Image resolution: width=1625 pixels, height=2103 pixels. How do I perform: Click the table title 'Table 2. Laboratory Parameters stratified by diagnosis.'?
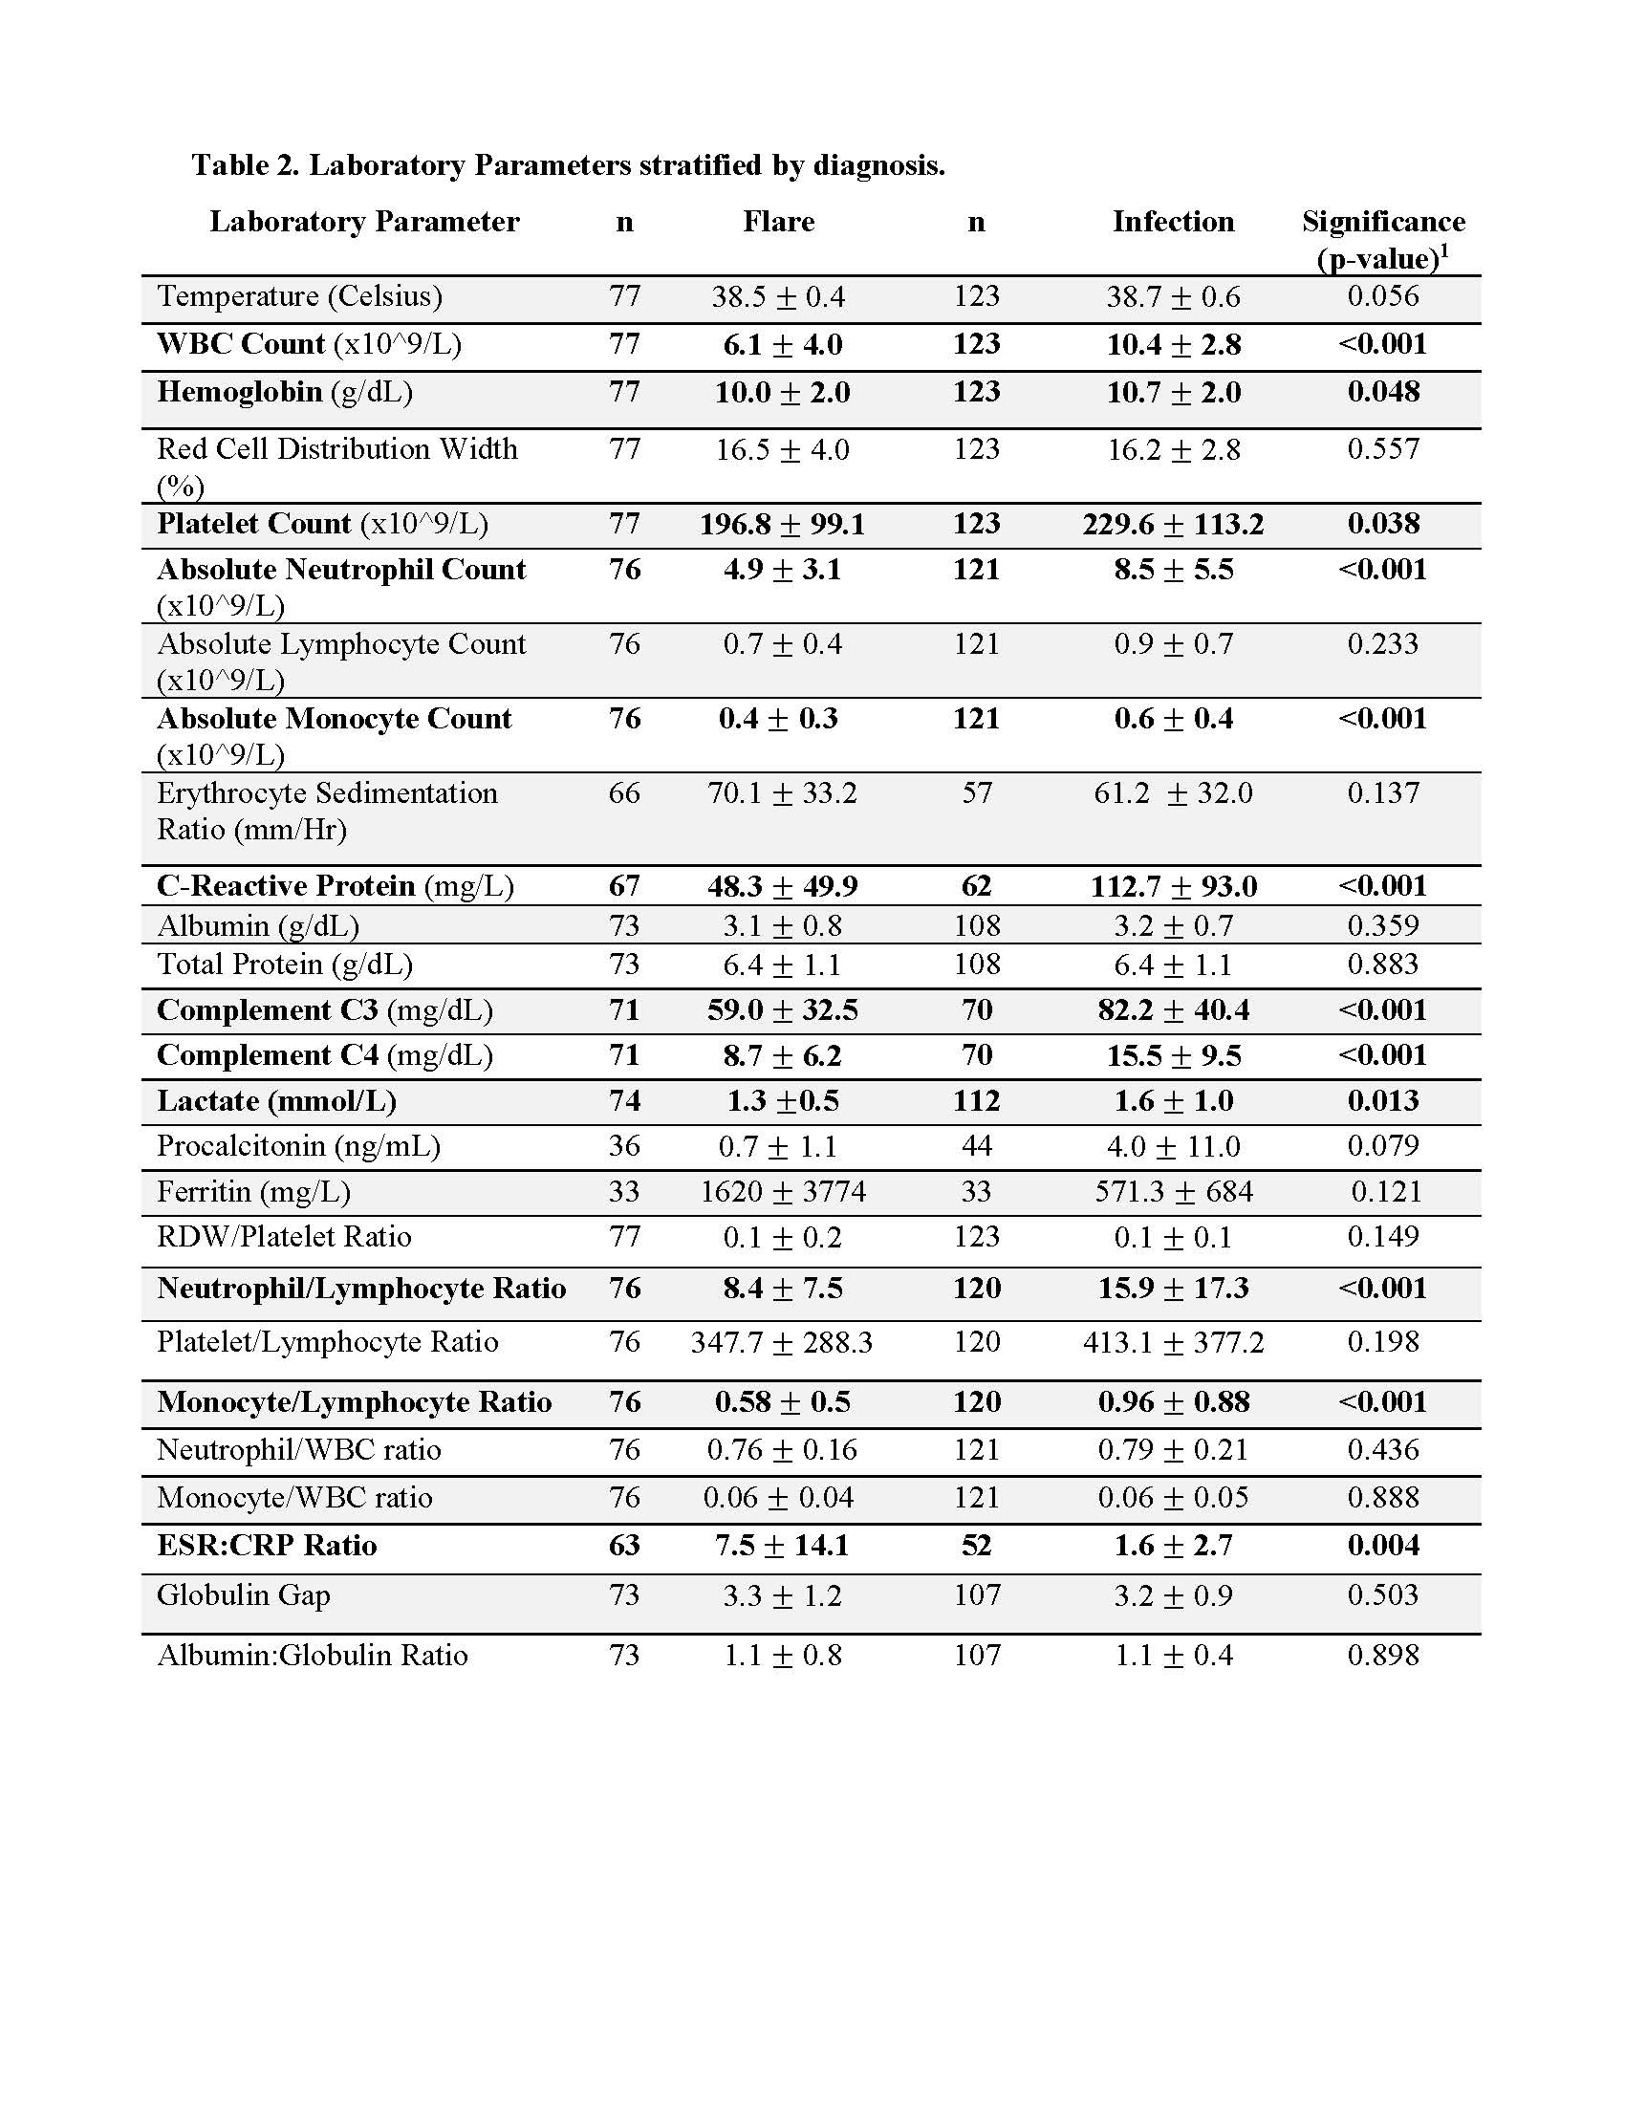tap(568, 165)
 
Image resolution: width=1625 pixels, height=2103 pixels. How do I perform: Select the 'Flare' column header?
tap(778, 222)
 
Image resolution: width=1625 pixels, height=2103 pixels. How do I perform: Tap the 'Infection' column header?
tap(1173, 222)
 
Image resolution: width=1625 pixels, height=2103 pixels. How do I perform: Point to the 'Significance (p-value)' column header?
tap(1382, 239)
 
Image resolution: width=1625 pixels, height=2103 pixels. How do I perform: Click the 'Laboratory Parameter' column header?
tap(364, 222)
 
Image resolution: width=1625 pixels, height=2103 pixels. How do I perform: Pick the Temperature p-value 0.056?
tap(1382, 295)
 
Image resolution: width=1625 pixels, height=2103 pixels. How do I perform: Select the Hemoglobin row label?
tap(285, 392)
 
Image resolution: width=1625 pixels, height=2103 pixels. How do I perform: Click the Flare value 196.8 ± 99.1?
tap(782, 524)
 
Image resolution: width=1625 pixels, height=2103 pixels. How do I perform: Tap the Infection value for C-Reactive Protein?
tap(1173, 886)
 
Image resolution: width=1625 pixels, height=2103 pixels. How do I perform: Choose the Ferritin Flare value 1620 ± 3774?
tap(782, 1192)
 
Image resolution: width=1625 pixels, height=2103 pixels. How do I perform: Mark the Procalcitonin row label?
tap(298, 1146)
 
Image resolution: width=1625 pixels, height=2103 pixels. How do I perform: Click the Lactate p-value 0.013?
tap(1382, 1100)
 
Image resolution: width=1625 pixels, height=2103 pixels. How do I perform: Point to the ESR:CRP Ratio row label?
tap(267, 1546)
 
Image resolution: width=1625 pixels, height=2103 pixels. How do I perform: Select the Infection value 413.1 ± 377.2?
tap(1173, 1342)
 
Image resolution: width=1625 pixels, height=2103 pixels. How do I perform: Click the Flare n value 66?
tap(624, 793)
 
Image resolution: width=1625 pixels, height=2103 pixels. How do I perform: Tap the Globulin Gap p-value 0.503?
tap(1382, 1594)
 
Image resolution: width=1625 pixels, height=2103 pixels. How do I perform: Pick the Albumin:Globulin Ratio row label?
tap(312, 1656)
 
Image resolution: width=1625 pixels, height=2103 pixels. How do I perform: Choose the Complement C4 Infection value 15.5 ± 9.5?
tap(1173, 1055)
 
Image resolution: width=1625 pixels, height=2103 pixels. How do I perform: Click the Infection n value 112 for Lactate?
tap(976, 1100)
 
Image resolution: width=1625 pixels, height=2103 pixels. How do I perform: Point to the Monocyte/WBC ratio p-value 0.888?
tap(1382, 1497)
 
